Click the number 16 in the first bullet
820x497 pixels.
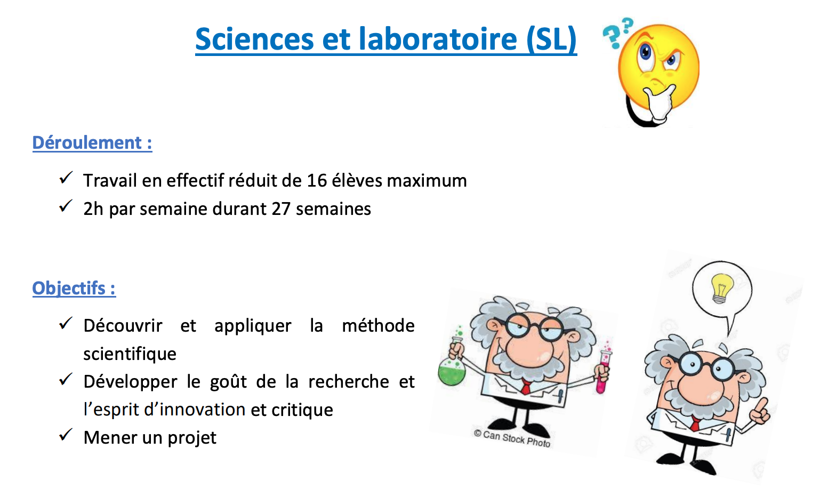(x=317, y=181)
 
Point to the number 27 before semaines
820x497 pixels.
(x=280, y=209)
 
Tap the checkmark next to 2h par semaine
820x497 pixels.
(x=66, y=206)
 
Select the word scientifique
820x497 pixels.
(x=130, y=354)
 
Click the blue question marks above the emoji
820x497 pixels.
(x=617, y=33)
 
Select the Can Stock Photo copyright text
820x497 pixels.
(x=512, y=438)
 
